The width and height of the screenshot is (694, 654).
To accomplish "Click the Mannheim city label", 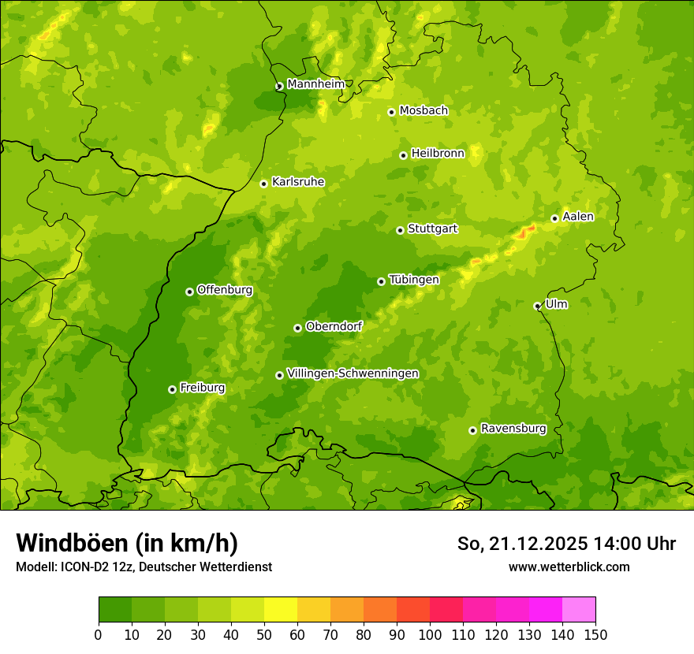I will point(315,84).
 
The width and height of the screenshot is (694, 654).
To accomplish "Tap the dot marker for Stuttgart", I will point(400,230).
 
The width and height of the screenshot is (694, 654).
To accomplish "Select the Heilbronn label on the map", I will point(438,154).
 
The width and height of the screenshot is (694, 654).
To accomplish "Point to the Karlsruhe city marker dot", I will point(263,184).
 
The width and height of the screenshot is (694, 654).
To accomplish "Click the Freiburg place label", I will point(202,388).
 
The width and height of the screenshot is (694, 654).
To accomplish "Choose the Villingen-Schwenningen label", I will point(353,373).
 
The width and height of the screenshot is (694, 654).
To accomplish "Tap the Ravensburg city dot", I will point(472,430).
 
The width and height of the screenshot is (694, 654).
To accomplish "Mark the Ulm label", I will point(556,304).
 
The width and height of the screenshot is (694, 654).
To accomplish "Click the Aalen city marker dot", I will point(554,218).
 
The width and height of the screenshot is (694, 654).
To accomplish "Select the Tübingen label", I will point(414,280).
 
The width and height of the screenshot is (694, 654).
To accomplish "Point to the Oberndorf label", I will point(334,326).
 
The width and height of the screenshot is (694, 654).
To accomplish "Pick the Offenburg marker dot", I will point(189,292).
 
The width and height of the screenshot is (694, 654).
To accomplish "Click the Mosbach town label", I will point(423,111).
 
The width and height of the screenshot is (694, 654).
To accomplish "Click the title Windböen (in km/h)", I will point(126,543).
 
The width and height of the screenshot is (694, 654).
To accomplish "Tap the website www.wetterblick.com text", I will point(569,567).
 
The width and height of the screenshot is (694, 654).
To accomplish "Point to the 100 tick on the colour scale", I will point(430,635).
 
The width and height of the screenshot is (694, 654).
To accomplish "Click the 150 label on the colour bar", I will point(595,635).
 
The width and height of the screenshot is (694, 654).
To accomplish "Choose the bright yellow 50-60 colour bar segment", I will point(281,610).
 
